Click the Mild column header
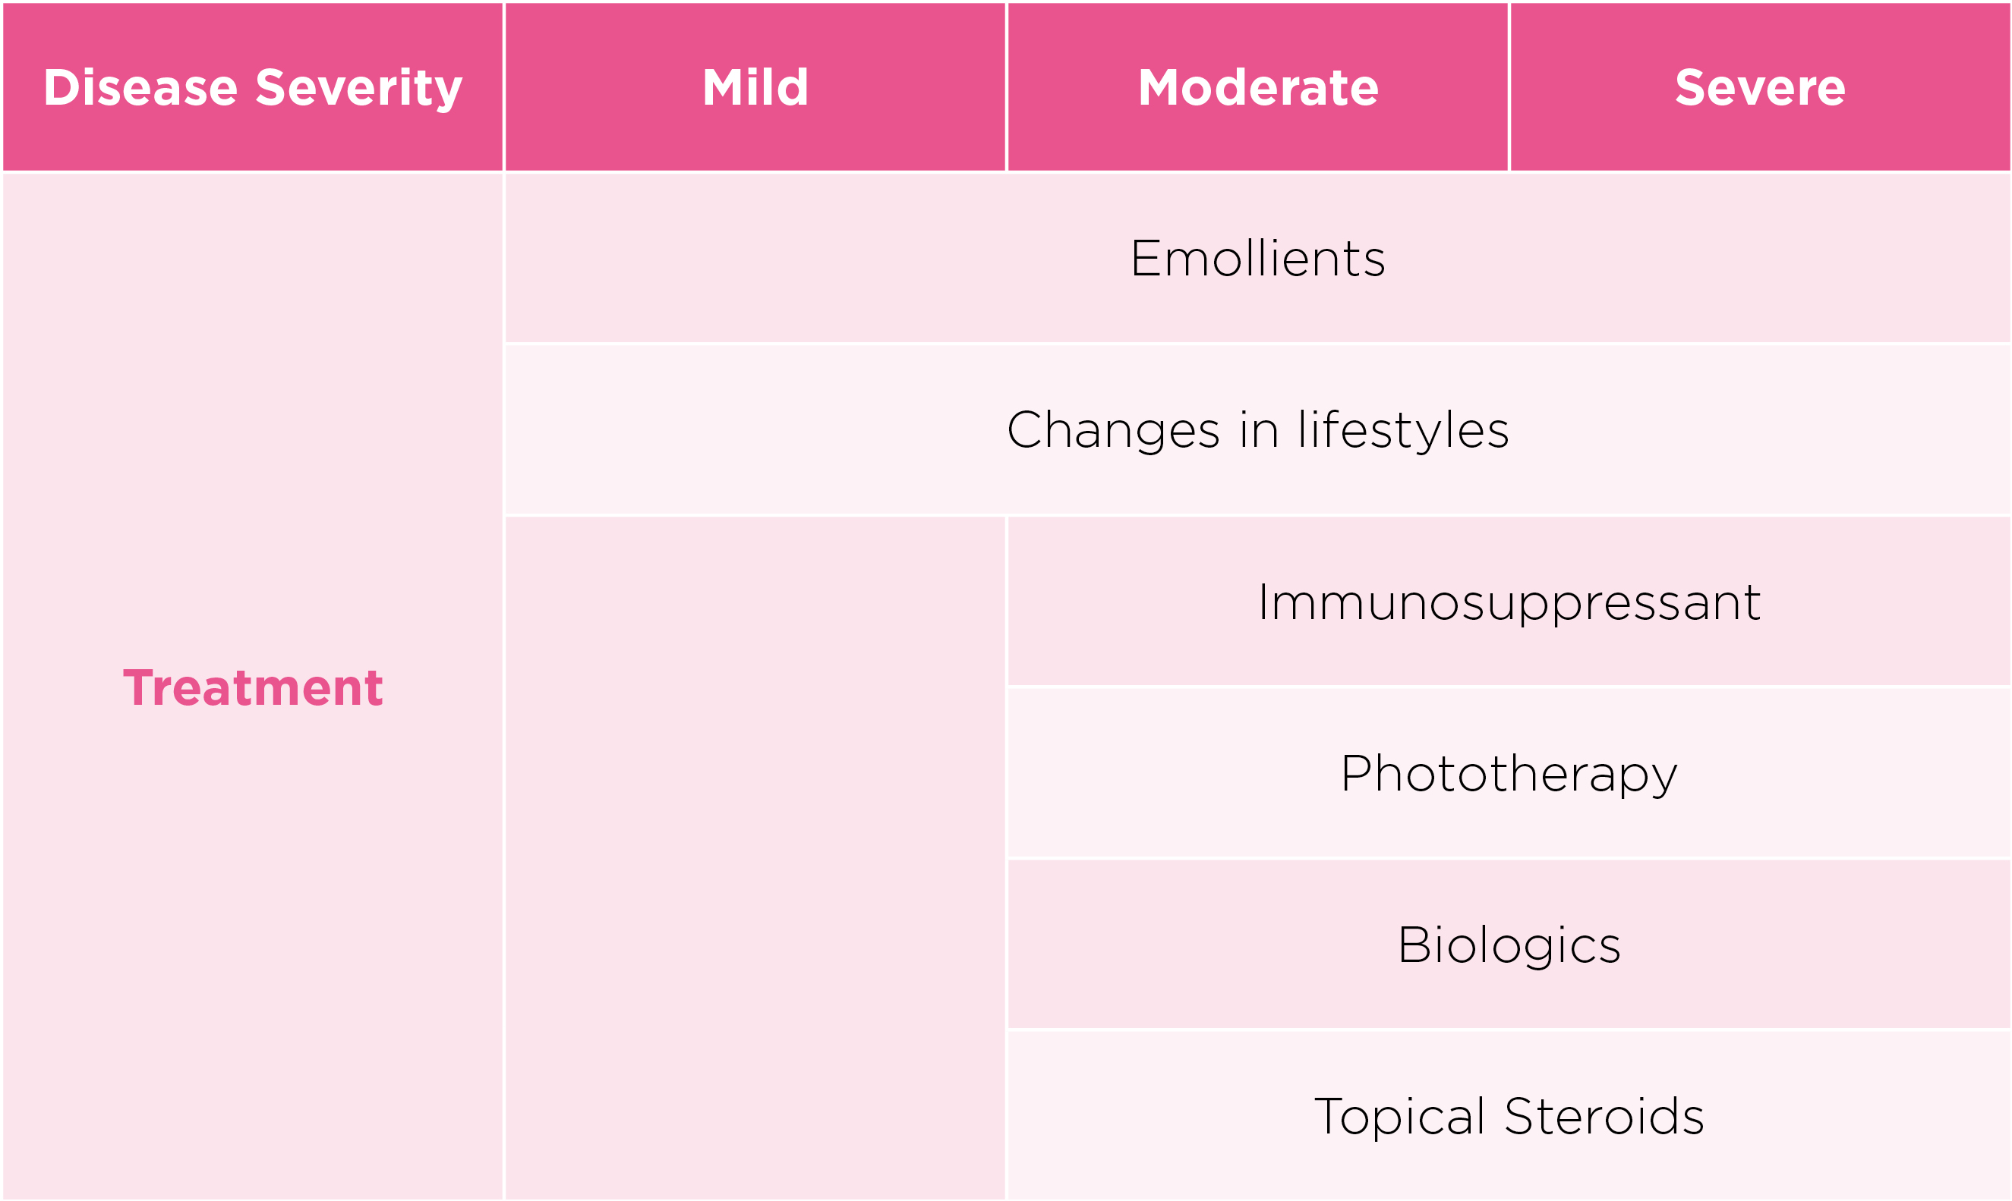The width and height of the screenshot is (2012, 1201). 755,87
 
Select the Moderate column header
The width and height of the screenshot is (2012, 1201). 1257,87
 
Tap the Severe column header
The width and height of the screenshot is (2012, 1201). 1759,87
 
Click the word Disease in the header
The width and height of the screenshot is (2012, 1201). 140,87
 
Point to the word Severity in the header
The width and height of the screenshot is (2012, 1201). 358,89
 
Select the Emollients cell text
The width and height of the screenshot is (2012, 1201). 1257,258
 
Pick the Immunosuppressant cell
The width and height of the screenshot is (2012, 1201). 1509,602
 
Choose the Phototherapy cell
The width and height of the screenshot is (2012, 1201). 1509,774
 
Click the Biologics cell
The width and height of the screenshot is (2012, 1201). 1509,945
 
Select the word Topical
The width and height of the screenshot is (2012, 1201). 1399,1118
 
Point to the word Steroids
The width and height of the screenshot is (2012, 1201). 1604,1116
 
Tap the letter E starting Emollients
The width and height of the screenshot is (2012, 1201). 1146,259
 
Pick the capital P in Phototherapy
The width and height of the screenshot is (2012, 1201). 1357,774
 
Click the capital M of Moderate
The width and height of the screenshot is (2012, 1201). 1158,87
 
